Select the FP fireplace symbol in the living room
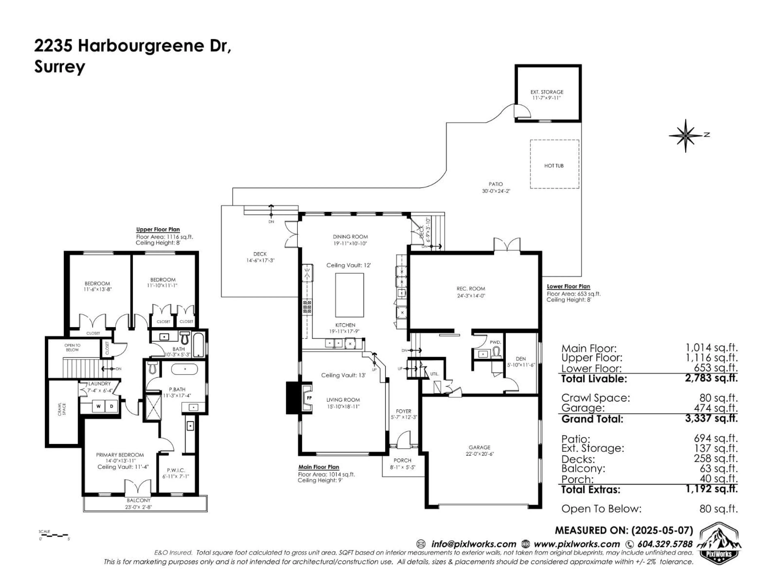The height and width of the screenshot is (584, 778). [x=309, y=398]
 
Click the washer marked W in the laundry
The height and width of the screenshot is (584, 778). [x=98, y=406]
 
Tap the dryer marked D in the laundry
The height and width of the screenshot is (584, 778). [x=111, y=406]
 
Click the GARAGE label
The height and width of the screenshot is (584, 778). [x=479, y=447]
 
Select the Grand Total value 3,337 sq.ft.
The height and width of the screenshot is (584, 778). [x=711, y=419]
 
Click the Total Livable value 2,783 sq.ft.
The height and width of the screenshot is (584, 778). [x=711, y=378]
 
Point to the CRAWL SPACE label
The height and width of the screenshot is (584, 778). [x=62, y=409]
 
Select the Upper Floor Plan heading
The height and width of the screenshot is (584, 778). [x=158, y=230]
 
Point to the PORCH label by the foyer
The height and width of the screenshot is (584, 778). [x=402, y=461]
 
